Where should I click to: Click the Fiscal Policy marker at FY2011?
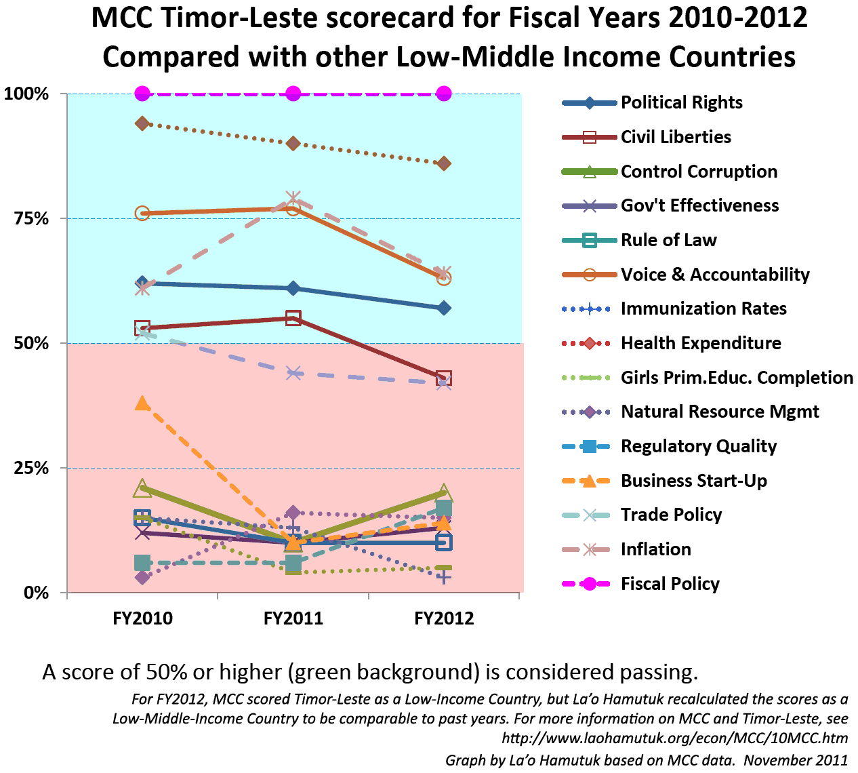[293, 94]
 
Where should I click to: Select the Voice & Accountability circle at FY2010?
[142, 214]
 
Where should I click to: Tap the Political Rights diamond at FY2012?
[444, 308]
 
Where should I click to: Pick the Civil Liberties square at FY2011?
[293, 318]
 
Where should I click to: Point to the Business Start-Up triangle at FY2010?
[142, 403]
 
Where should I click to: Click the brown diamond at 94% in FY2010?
[142, 123]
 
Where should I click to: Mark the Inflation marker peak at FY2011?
[293, 198]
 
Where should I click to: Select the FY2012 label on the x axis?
[444, 618]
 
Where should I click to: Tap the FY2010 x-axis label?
[142, 618]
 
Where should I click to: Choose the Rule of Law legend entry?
[668, 240]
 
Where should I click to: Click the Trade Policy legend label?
[671, 515]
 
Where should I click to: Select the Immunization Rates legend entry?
[703, 309]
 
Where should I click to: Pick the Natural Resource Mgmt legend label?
[720, 412]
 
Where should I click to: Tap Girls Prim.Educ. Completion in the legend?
[737, 378]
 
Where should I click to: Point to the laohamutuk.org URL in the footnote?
[674, 738]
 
